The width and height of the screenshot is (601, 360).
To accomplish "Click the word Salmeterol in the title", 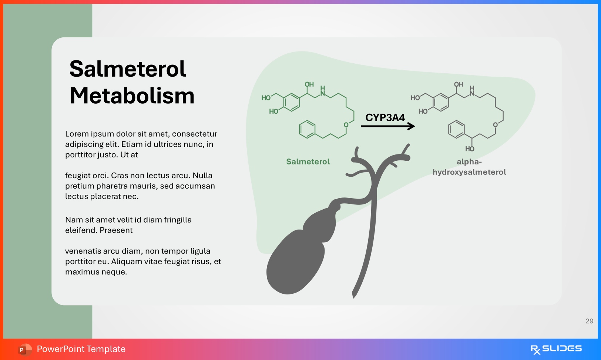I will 127,69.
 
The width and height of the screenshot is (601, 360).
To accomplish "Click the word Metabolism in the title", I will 132,96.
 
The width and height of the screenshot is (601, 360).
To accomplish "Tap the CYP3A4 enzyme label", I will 385,118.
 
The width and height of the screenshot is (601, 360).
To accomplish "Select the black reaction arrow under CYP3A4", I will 387,126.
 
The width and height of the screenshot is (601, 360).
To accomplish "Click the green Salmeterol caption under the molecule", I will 308,161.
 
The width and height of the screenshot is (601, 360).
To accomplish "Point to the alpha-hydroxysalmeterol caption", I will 469,167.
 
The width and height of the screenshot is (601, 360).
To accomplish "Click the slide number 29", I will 589,321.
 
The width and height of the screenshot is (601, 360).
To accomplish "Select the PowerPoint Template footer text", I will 81,349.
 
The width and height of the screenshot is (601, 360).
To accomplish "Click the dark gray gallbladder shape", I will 296,259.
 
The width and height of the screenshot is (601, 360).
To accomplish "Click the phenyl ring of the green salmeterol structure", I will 307,130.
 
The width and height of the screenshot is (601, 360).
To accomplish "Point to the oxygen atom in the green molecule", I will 346,125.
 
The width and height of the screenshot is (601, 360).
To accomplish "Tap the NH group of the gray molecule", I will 472,91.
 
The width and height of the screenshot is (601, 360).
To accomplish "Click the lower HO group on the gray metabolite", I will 470,149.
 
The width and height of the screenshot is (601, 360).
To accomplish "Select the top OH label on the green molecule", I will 309,84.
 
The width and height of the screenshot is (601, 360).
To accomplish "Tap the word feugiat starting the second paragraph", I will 78,176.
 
